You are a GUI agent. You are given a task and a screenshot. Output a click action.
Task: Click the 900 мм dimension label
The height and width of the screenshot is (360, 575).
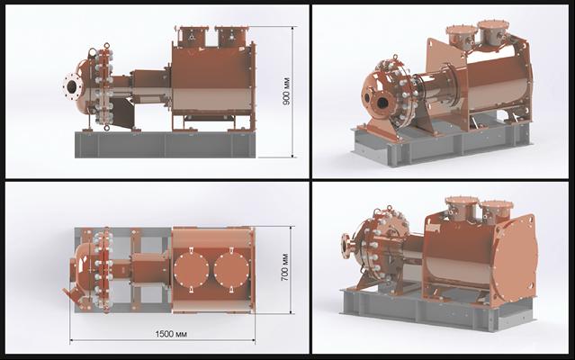pyautogui.click(x=286, y=91)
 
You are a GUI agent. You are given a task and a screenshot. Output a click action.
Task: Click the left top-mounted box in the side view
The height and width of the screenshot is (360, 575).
pyautogui.click(x=192, y=35)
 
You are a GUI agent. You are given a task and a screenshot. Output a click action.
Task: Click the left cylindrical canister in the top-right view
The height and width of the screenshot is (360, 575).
pyautogui.click(x=461, y=40)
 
